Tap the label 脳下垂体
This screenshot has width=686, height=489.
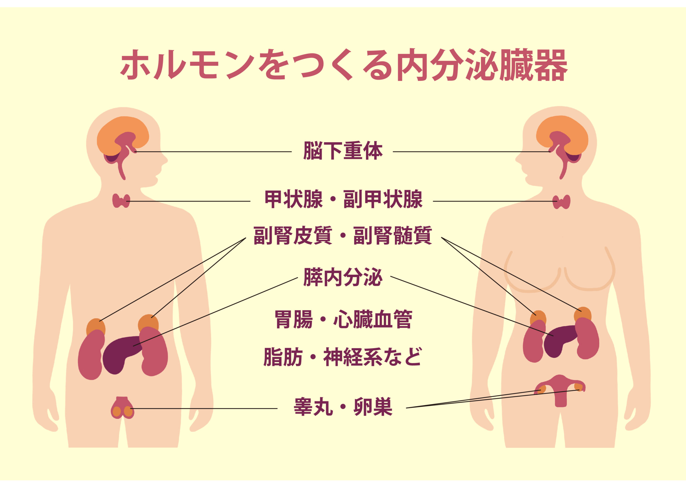click(343, 151)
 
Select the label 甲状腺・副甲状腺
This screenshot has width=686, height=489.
click(344, 199)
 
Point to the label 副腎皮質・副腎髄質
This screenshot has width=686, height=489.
click(343, 236)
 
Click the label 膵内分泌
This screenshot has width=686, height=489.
click(343, 277)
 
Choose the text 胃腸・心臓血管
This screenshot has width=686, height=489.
click(343, 319)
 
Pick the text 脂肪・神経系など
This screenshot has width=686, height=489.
click(343, 357)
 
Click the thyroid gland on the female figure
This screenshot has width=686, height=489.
click(561, 202)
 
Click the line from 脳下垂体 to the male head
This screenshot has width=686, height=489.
click(213, 152)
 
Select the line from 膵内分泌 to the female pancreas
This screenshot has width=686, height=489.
click(472, 306)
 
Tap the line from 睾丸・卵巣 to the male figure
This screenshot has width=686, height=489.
click(204, 409)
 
